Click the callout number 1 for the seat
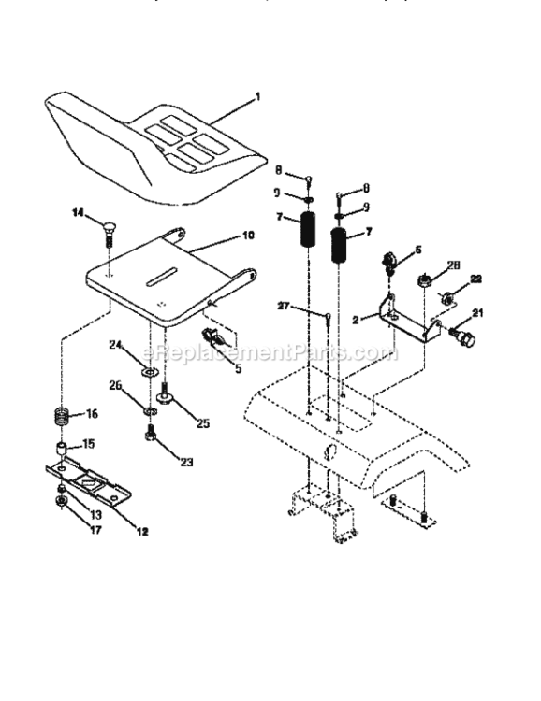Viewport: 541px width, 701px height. pos(257,96)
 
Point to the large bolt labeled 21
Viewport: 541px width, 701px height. pos(464,334)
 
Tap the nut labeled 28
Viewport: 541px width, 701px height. pos(424,279)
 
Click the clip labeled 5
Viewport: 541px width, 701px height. pos(210,334)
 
